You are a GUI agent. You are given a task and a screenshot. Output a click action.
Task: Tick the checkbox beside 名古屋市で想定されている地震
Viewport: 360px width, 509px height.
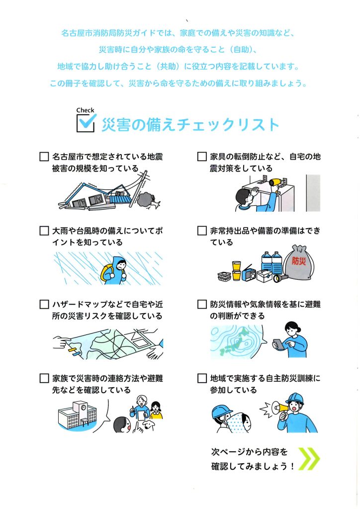(x=44, y=157)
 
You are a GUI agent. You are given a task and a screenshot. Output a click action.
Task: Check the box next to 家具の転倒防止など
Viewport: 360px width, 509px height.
(x=202, y=157)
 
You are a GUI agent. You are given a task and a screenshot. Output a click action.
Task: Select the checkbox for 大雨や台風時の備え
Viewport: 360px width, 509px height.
(x=44, y=231)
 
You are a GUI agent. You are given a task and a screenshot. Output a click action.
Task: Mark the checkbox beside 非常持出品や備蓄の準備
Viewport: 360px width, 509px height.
(x=202, y=231)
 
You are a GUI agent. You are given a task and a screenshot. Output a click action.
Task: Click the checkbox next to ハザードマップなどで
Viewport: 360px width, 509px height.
(x=44, y=305)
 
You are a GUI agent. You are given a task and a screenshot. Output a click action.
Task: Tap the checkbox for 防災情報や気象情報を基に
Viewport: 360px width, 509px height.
(x=202, y=305)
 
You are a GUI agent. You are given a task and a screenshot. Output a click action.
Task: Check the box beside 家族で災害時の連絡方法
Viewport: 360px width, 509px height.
(x=44, y=378)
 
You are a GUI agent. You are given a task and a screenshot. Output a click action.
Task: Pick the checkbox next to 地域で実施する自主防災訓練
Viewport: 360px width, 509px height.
(x=202, y=378)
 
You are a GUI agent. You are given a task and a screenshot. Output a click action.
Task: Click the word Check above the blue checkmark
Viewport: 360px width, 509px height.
(x=86, y=110)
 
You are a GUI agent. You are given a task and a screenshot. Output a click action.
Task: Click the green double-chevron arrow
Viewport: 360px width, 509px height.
(x=309, y=459)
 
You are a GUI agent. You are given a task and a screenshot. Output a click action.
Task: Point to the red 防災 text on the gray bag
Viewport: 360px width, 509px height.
(x=299, y=261)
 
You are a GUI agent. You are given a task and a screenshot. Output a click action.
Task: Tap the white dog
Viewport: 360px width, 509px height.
(x=148, y=424)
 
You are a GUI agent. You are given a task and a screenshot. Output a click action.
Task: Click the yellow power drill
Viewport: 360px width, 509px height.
(x=275, y=184)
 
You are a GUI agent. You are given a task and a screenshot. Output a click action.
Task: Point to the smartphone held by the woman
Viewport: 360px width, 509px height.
(x=278, y=344)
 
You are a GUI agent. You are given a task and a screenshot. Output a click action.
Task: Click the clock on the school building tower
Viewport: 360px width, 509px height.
(x=84, y=407)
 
